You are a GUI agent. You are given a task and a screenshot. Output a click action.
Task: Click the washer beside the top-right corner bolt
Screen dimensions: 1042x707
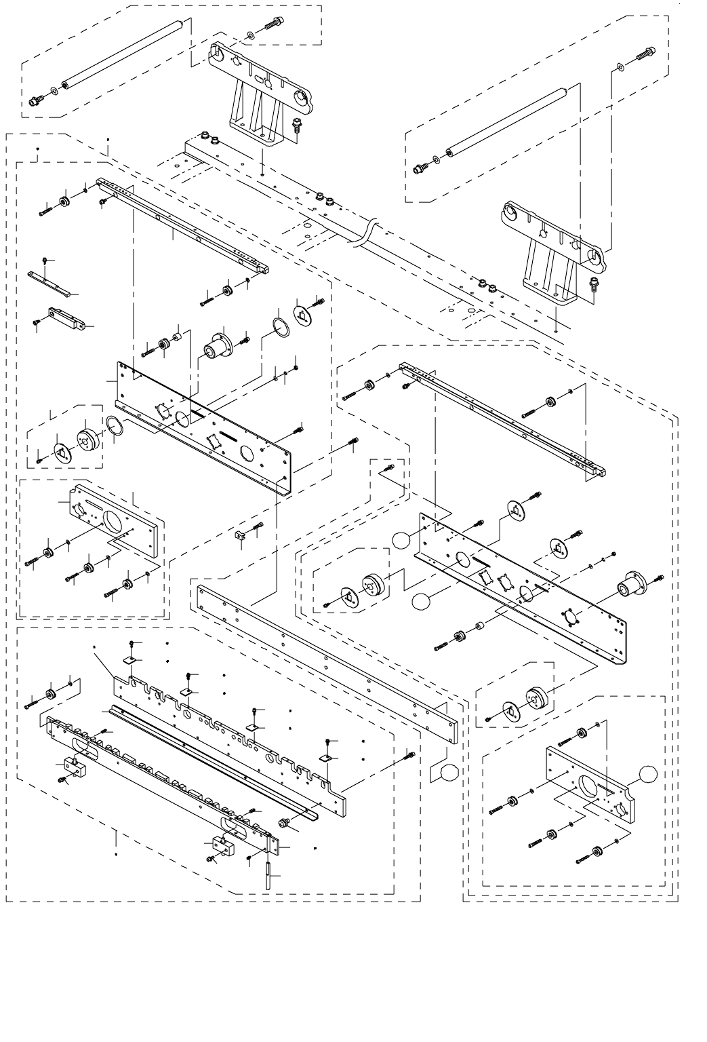621,66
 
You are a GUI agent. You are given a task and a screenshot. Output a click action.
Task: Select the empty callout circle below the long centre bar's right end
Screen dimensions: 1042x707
450,771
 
